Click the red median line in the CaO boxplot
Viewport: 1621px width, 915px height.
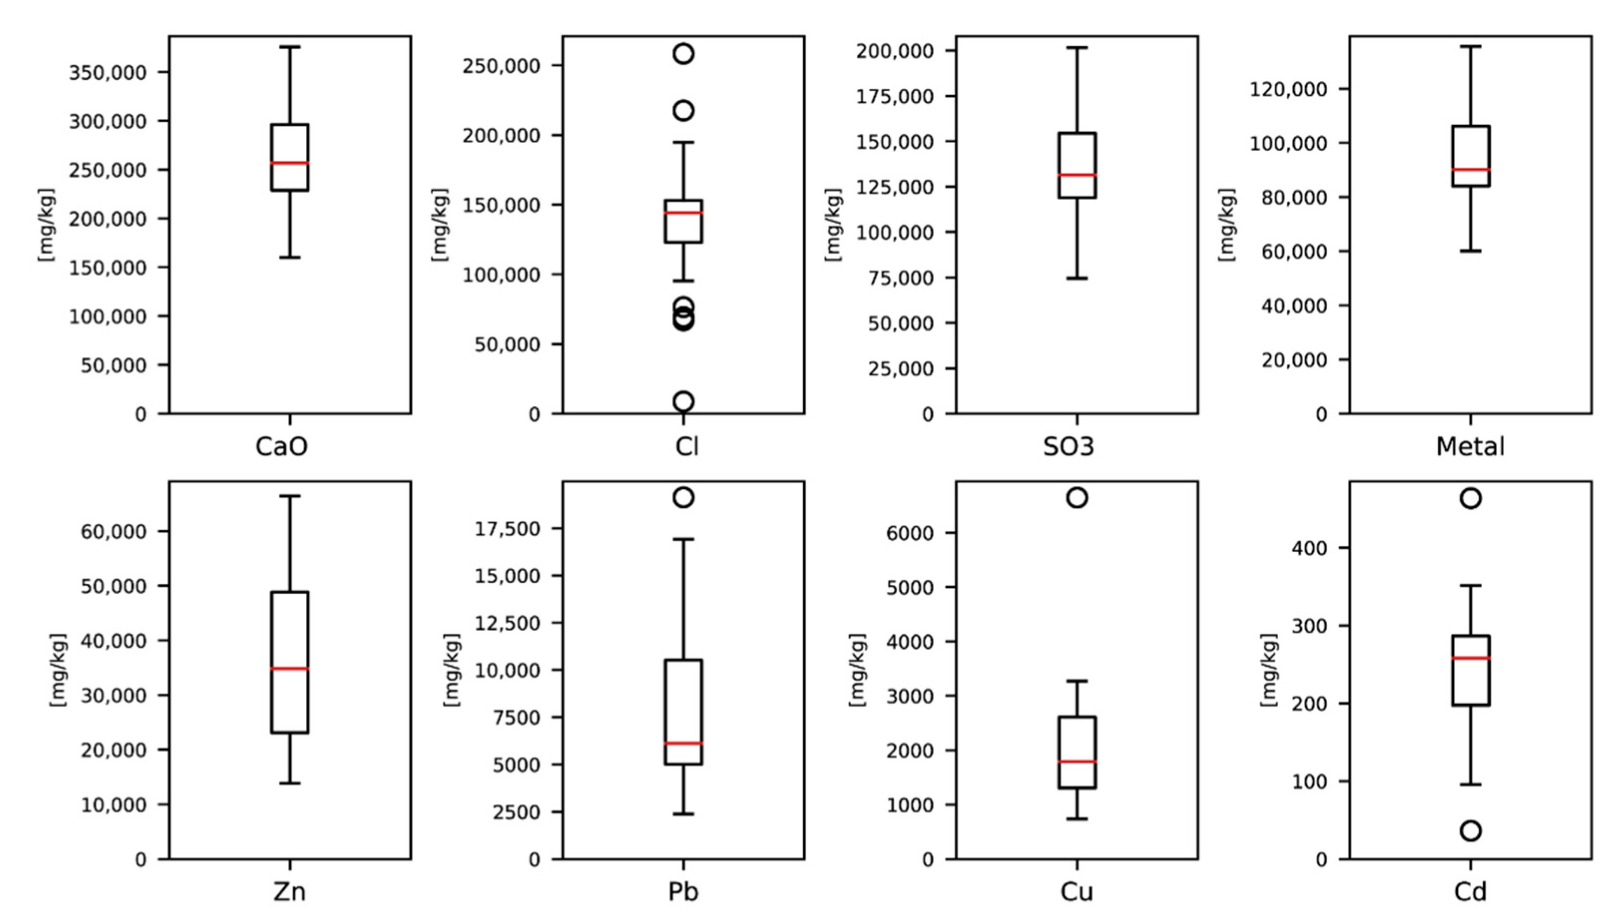(x=289, y=163)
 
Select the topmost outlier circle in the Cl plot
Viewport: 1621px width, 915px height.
(x=684, y=53)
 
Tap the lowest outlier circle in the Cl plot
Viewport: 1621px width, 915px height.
(x=684, y=401)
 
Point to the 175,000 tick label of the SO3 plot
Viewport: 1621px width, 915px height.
(x=903, y=96)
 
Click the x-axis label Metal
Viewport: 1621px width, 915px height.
(x=1470, y=446)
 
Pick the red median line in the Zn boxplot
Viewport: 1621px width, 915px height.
(x=289, y=669)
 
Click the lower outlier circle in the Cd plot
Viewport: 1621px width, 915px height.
(x=1470, y=831)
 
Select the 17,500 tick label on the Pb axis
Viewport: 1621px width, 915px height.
(x=507, y=529)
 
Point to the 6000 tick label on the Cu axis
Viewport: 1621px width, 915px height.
(x=910, y=533)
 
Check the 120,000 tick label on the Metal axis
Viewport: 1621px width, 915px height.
(x=1296, y=89)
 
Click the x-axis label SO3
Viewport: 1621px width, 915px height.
(x=1069, y=446)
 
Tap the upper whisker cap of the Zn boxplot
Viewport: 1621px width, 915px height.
(x=289, y=496)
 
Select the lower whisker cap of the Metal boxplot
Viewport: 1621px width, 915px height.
(x=1470, y=251)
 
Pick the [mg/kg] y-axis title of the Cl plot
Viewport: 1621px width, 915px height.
(x=440, y=224)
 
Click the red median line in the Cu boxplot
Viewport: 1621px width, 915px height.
(x=1077, y=761)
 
